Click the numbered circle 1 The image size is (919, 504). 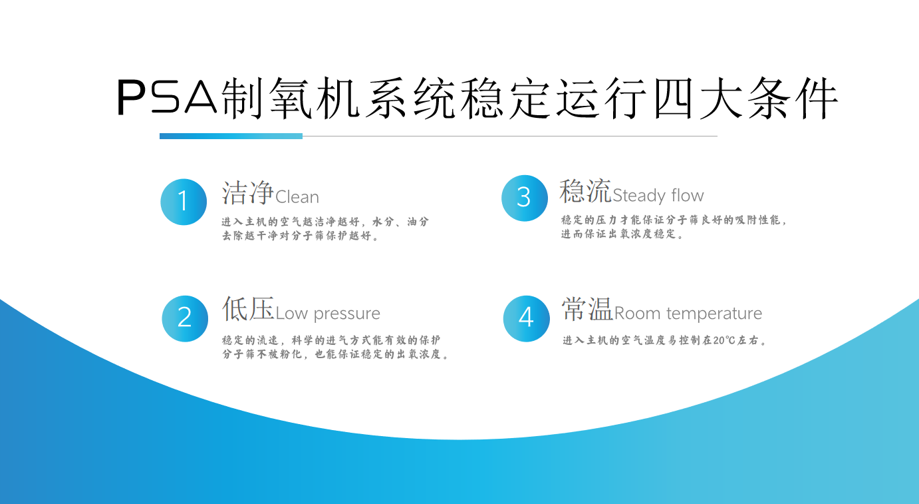(x=184, y=202)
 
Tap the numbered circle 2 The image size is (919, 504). (x=185, y=319)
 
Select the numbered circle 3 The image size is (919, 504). (x=525, y=198)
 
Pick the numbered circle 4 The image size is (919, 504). (x=527, y=319)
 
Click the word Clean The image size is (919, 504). (x=297, y=197)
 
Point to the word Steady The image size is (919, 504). (x=639, y=196)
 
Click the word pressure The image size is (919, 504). (x=346, y=314)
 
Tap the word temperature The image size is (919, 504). (x=714, y=314)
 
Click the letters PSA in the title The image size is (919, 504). (x=167, y=97)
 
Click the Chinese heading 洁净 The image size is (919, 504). (x=248, y=192)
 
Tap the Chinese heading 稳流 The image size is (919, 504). (x=585, y=191)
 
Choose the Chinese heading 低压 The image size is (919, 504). (x=248, y=308)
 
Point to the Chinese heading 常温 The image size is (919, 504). (x=587, y=308)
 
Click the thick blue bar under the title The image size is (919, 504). (x=231, y=136)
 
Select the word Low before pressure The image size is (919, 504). (x=292, y=314)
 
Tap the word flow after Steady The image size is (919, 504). (x=687, y=195)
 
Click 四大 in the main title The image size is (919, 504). (x=698, y=98)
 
